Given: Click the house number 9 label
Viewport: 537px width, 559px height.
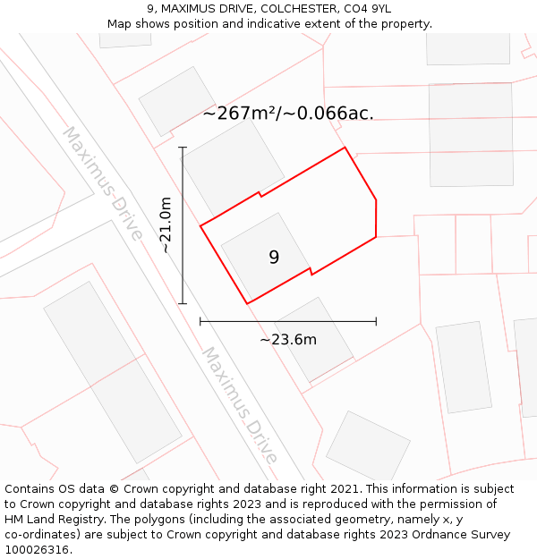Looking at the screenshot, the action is (274, 258).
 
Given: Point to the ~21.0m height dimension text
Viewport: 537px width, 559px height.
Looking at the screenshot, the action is (166, 226).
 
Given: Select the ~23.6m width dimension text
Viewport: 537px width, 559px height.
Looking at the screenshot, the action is (288, 340).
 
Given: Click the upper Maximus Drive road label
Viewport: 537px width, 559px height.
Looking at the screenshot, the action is (102, 183).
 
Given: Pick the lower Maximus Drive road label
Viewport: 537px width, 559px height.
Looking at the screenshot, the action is (239, 405).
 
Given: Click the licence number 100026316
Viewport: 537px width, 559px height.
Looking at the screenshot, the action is (38, 550).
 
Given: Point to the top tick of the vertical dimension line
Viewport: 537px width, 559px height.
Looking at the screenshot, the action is (183, 148).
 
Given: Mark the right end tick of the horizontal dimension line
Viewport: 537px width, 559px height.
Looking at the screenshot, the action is (376, 320).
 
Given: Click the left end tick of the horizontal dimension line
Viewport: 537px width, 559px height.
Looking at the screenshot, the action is (200, 320).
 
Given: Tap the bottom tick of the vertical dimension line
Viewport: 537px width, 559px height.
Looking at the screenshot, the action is (183, 304).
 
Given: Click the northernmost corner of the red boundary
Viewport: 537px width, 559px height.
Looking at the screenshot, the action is (345, 148).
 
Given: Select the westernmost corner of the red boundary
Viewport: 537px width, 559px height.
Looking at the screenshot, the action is (200, 225).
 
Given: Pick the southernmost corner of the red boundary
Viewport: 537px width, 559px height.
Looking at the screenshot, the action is (247, 304).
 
